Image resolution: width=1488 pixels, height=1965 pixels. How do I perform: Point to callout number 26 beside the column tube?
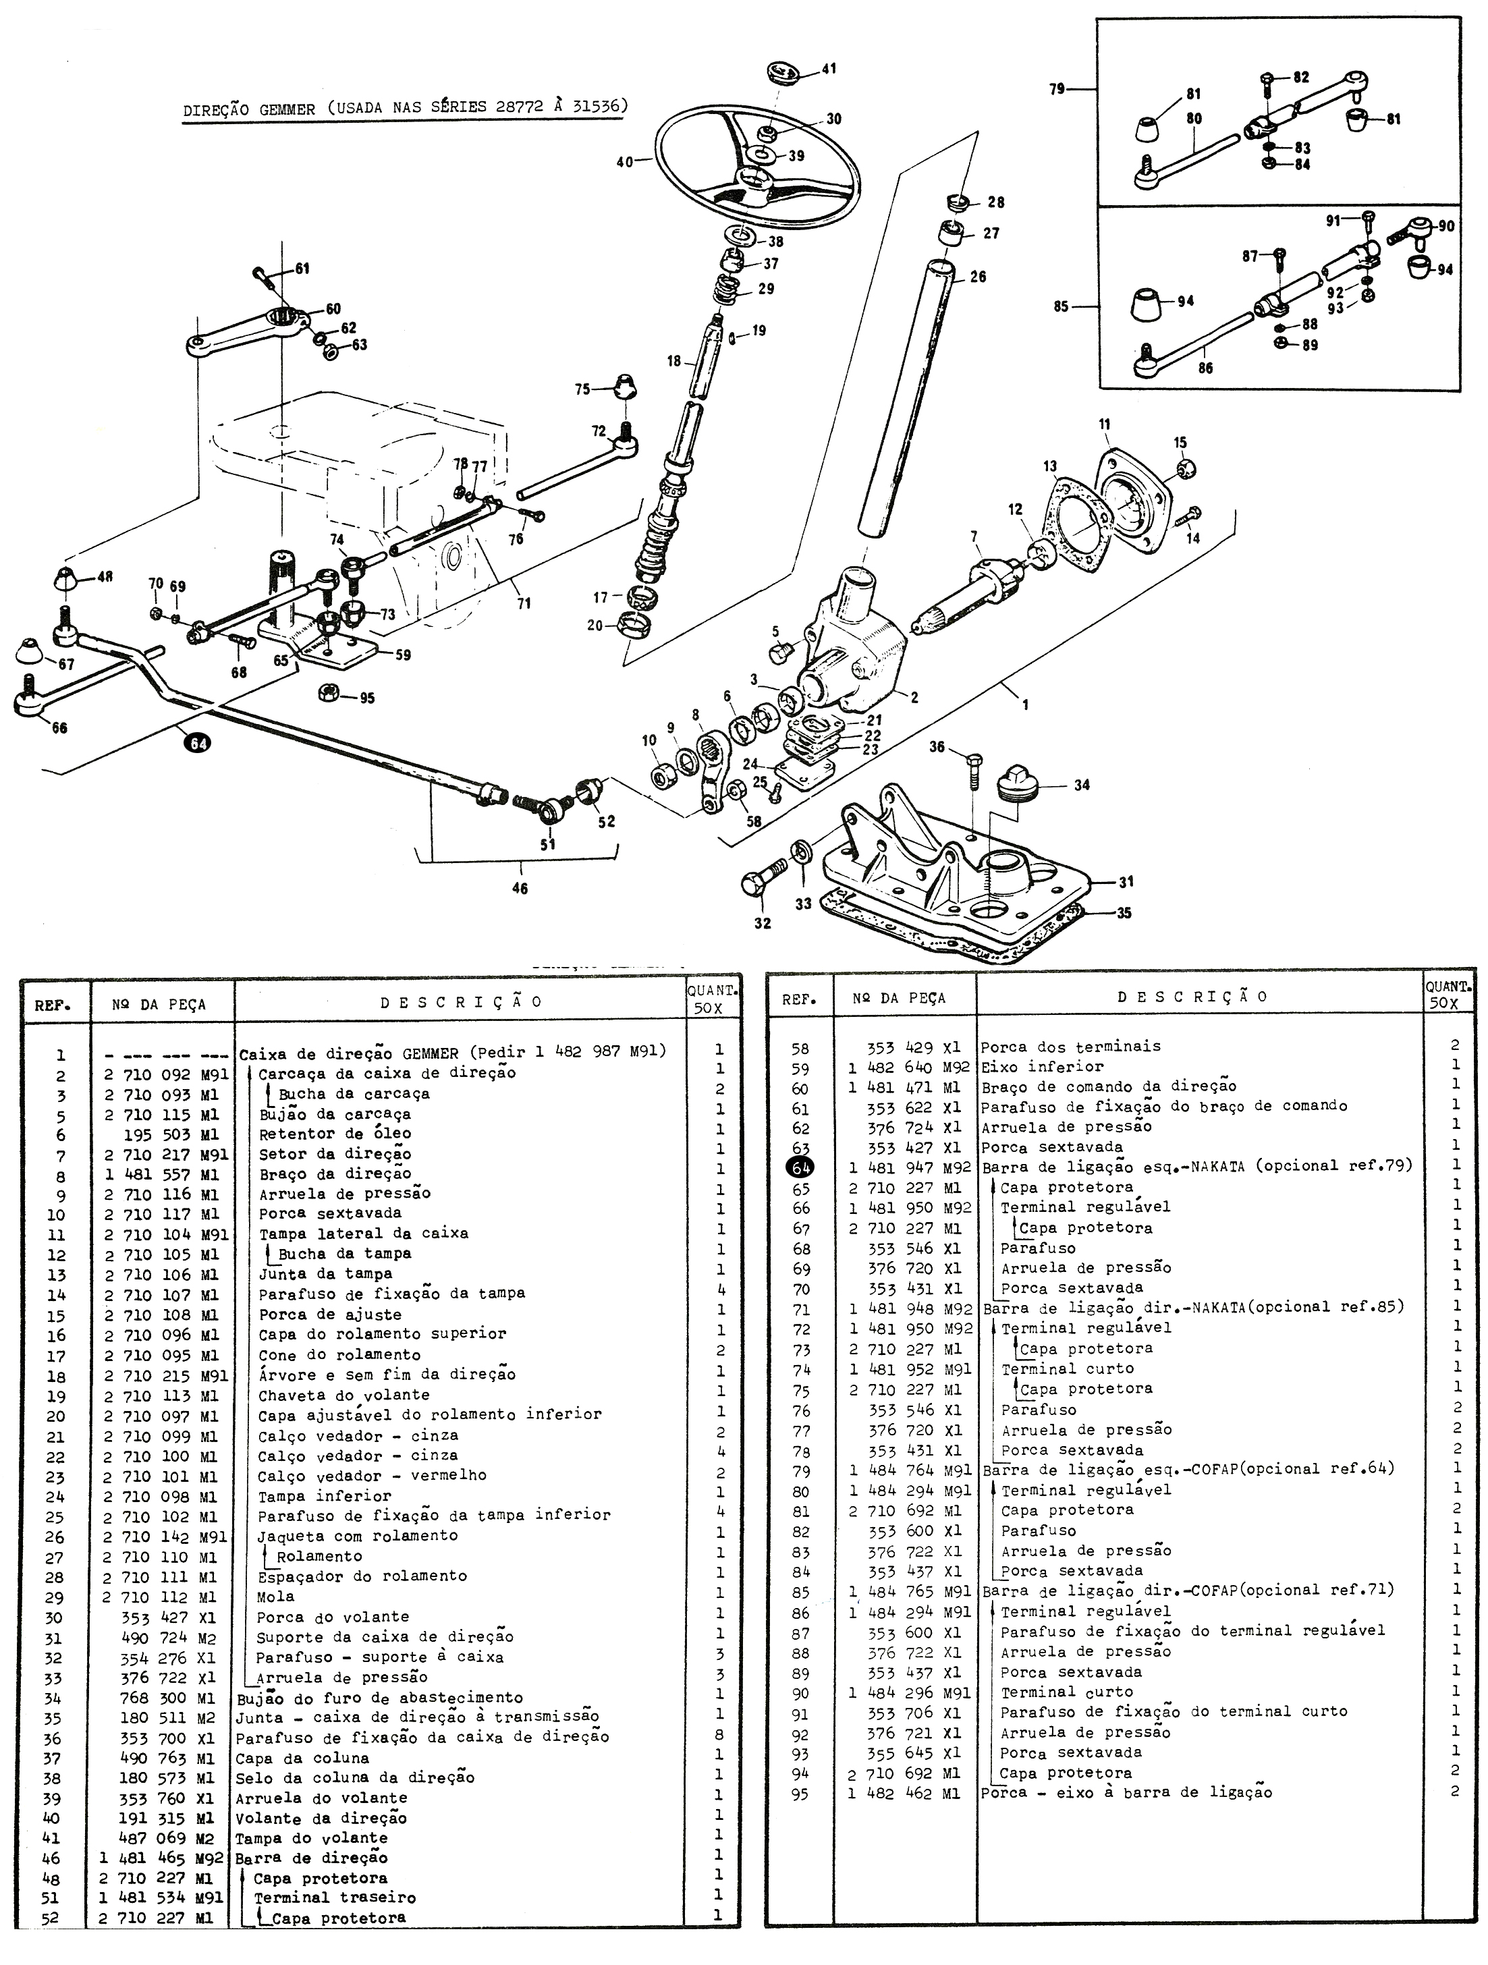pyautogui.click(x=977, y=277)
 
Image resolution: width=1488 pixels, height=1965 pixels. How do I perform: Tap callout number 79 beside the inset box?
pyautogui.click(x=1056, y=90)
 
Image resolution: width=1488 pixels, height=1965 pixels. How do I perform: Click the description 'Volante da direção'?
pyautogui.click(x=321, y=1819)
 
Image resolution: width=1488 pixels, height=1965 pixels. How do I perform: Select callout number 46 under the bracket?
pyautogui.click(x=520, y=887)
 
